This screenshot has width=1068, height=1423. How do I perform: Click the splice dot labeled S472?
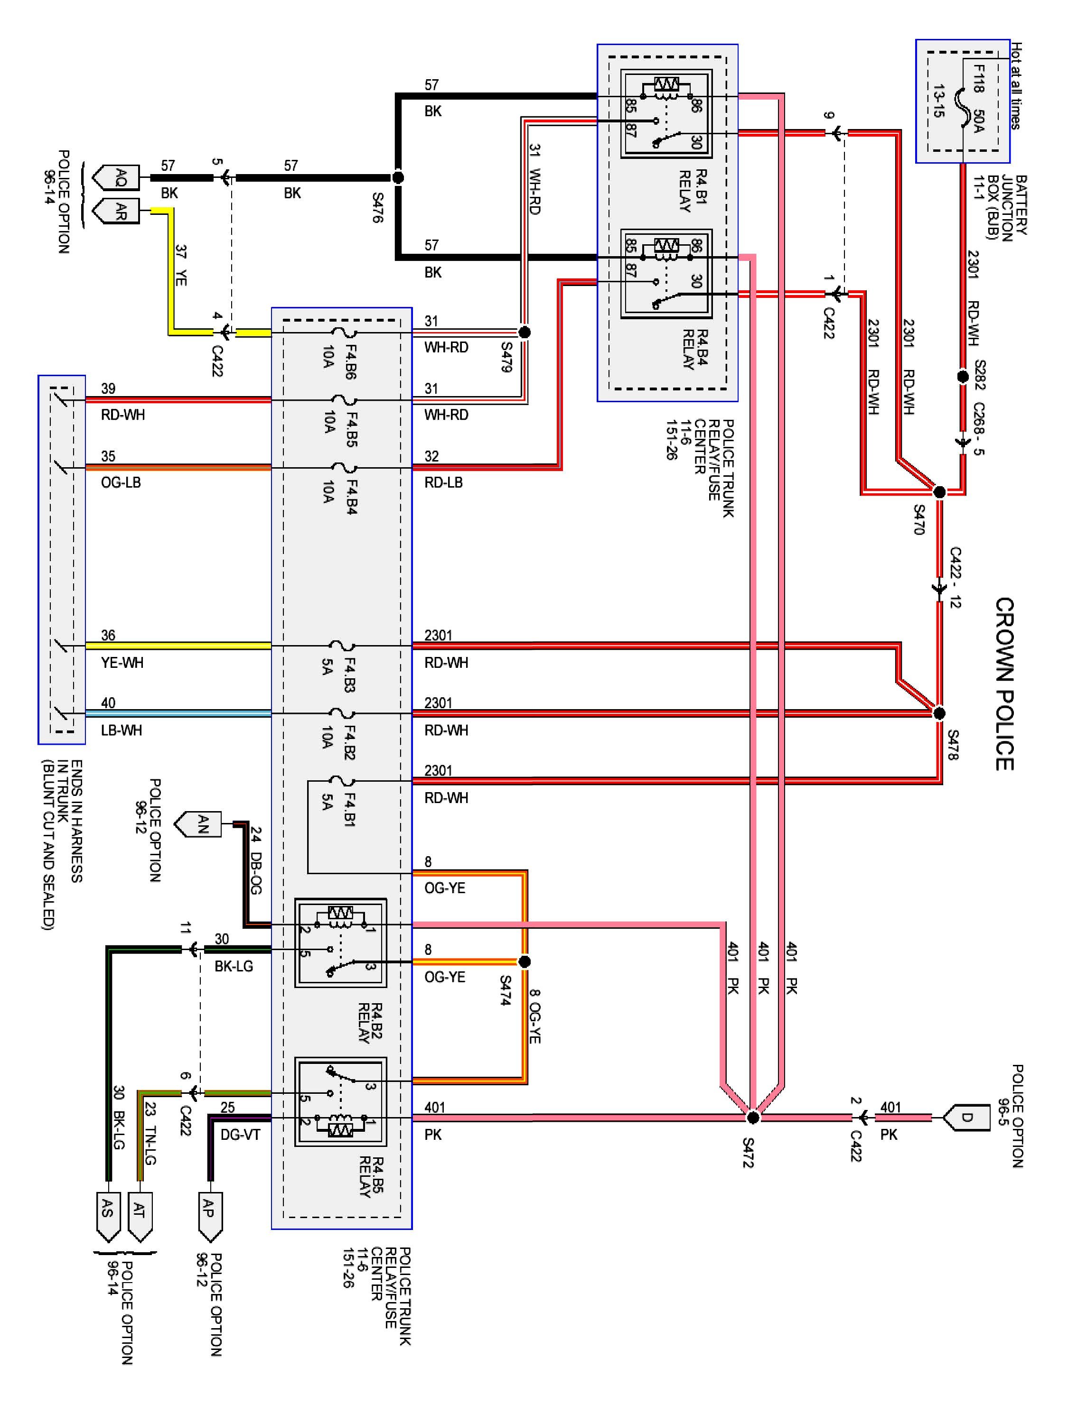coord(752,1118)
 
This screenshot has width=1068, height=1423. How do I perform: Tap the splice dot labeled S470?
coord(939,492)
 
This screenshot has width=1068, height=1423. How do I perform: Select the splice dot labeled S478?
coord(939,713)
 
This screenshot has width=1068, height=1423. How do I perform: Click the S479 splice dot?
coord(525,332)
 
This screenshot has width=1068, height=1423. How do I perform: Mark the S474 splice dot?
coord(525,962)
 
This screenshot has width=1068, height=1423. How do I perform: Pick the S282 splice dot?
coord(963,376)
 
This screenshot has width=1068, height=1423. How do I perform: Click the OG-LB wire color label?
coord(121,482)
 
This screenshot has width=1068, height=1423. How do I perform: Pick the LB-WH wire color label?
coord(121,730)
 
